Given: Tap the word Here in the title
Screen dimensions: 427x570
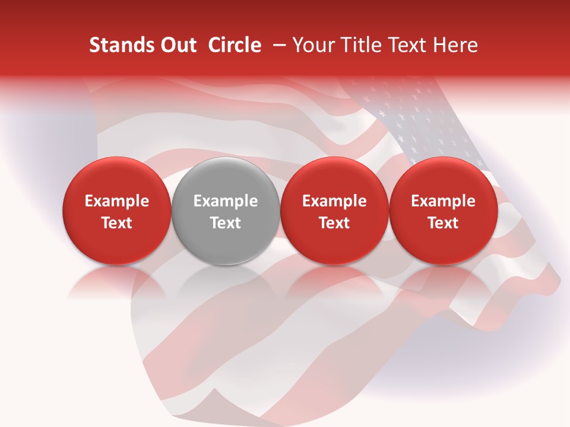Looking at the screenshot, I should click(455, 45).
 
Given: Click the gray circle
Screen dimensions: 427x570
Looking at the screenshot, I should click(226, 211).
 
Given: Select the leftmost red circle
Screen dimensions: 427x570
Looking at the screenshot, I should click(117, 211).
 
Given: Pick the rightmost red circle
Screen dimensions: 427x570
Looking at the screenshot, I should click(444, 211).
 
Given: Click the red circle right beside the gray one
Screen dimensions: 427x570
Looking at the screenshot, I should click(334, 211).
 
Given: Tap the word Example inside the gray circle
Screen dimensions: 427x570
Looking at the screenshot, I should click(226, 201).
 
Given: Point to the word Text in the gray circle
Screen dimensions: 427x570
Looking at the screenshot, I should click(226, 223).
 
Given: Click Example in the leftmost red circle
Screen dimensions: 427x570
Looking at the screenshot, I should click(117, 201).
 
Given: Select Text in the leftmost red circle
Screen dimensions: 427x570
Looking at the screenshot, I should click(117, 223).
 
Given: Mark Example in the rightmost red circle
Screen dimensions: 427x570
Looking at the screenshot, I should click(444, 201).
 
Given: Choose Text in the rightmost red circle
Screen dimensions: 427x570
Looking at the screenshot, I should click(444, 223).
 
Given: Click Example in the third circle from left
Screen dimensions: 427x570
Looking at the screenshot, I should click(334, 201).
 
